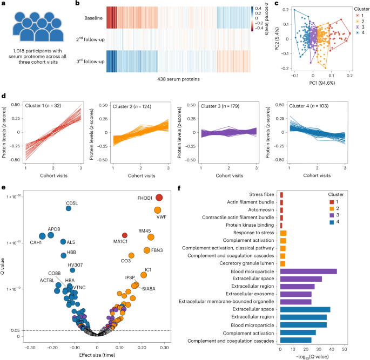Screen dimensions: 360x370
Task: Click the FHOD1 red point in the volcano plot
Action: [x=159, y=198]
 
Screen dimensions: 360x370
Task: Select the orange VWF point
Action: [x=158, y=210]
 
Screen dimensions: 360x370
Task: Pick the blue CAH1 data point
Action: [x=42, y=236]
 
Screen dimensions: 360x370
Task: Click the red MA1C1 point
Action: [x=125, y=235]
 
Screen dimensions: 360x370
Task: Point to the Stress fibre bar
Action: [x=281, y=195]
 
